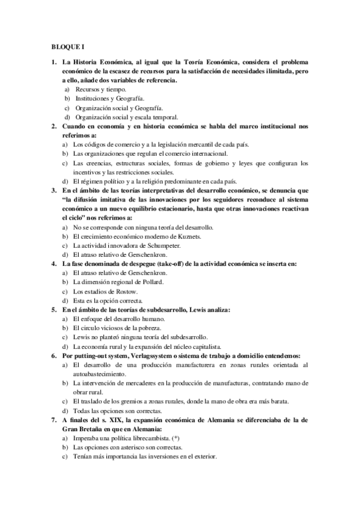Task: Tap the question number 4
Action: pos(54,263)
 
